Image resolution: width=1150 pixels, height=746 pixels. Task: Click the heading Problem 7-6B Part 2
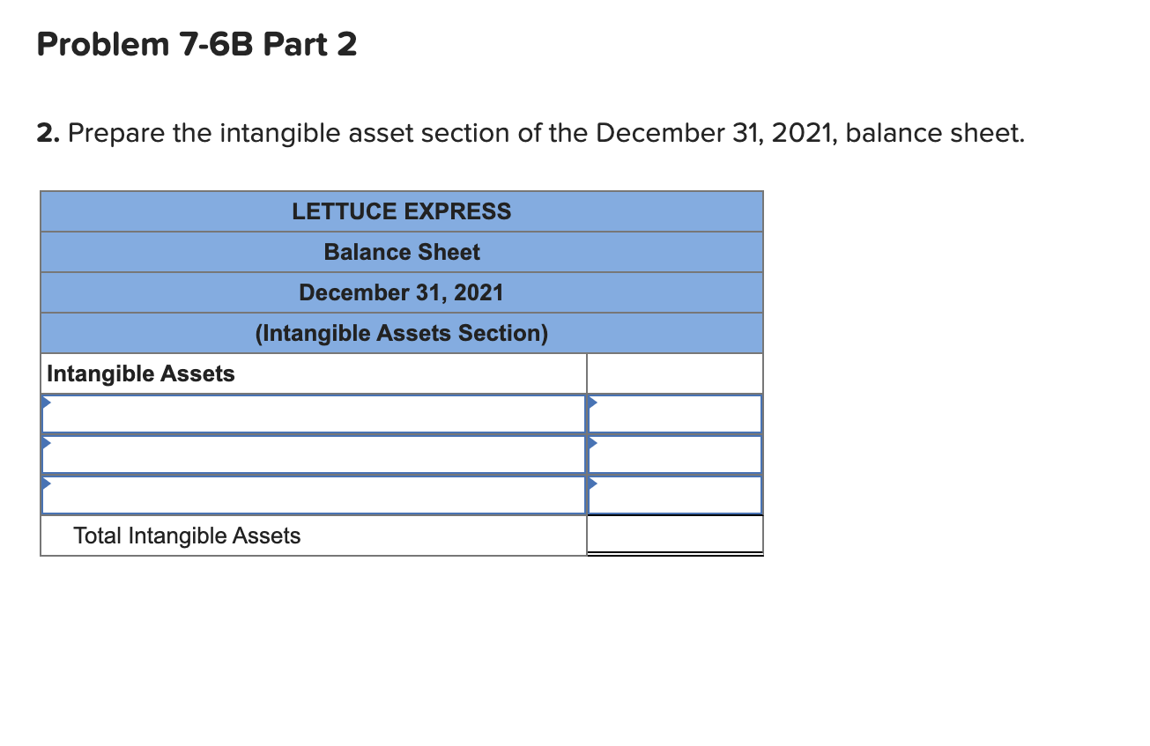coord(197,44)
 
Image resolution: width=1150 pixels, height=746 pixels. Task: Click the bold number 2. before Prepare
coord(48,134)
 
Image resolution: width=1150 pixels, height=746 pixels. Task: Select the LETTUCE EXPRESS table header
coord(401,211)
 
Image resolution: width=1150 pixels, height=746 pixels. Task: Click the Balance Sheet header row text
coord(402,252)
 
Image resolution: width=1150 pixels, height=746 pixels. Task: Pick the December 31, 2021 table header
coord(401,292)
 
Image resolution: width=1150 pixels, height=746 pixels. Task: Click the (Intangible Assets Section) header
coord(401,333)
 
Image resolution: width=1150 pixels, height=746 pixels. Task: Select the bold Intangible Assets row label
coord(141,373)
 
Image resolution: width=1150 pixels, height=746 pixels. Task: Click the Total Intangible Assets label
coord(187,535)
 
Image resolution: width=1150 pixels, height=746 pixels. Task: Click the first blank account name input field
coord(313,414)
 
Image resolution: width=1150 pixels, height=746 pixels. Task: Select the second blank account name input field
coord(313,454)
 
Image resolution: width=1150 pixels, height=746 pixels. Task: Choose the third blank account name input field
coord(313,495)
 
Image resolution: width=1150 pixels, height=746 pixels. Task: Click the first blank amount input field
coord(674,414)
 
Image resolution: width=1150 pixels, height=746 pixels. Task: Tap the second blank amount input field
coord(674,454)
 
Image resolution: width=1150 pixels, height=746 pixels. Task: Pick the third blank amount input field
coord(674,495)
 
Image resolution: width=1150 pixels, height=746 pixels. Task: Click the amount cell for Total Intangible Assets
coord(674,535)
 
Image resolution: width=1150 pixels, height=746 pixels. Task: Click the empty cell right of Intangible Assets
coord(674,373)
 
